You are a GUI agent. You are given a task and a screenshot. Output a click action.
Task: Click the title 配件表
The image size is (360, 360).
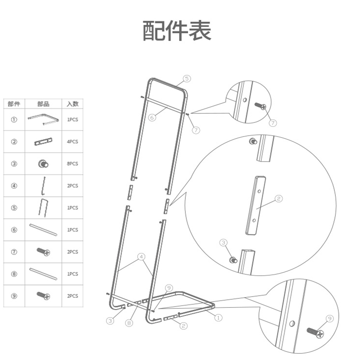177,31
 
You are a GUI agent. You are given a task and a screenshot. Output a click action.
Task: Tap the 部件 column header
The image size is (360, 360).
14,104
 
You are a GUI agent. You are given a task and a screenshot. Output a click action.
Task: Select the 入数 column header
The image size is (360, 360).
72,104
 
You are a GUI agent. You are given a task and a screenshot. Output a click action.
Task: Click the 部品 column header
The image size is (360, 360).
43,104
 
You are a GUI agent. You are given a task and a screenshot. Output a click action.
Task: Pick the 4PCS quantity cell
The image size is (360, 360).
72,142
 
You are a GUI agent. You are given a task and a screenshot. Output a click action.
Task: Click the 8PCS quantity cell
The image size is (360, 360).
72,164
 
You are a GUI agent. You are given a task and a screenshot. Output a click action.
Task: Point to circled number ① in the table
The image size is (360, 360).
14,120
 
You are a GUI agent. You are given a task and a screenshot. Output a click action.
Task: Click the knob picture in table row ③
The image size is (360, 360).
44,164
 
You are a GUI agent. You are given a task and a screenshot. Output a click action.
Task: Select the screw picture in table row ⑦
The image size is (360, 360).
44,252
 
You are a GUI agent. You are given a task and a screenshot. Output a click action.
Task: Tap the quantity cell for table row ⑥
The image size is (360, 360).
72,230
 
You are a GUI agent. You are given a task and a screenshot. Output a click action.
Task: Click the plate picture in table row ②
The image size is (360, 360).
44,142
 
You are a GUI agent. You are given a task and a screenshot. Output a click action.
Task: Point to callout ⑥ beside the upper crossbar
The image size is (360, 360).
152,117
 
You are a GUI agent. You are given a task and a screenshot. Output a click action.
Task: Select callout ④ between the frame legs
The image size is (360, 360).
141,257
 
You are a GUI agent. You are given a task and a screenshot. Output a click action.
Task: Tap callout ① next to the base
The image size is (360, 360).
218,318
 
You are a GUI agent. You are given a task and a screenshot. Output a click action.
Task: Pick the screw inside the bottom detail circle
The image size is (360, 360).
315,333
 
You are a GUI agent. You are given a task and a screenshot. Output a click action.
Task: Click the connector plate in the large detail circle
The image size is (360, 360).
255,205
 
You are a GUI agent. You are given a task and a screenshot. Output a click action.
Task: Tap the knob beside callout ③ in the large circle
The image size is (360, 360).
233,260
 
